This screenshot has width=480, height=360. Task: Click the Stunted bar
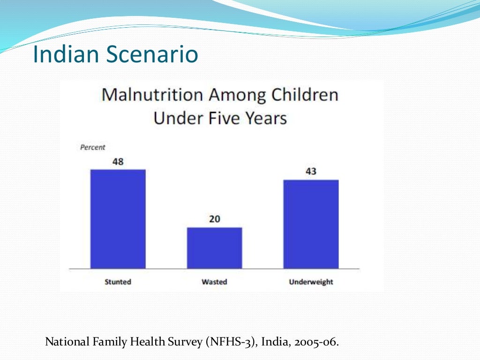118,219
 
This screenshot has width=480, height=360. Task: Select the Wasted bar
214,248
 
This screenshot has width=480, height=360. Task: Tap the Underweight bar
311,224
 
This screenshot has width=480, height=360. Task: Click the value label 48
118,161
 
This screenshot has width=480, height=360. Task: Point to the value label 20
214,219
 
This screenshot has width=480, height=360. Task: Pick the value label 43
311,172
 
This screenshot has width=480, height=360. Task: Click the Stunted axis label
118,282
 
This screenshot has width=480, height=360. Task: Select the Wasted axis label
214,282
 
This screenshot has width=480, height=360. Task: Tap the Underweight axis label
311,282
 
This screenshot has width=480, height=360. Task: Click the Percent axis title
93,147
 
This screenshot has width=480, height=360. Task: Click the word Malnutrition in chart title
152,95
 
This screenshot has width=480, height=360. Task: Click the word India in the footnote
275,342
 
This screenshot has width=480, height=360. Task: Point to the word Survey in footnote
185,342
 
